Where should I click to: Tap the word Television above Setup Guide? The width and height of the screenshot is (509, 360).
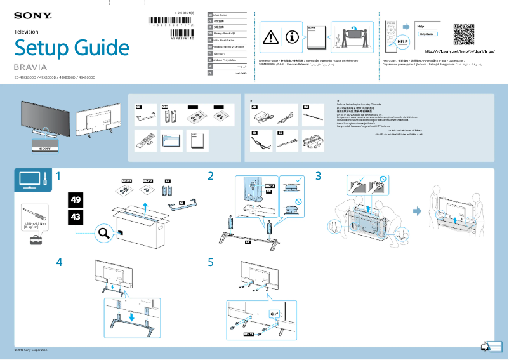tap(26, 31)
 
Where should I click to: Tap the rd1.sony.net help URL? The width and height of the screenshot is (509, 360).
tap(459, 51)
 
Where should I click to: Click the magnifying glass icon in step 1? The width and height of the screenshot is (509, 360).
tap(103, 234)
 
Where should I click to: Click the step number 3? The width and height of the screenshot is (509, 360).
tap(319, 175)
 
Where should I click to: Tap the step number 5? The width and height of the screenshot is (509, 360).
tap(211, 262)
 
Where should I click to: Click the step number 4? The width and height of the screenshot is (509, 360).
tap(59, 262)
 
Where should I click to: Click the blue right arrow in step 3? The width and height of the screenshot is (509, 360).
tap(417, 211)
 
